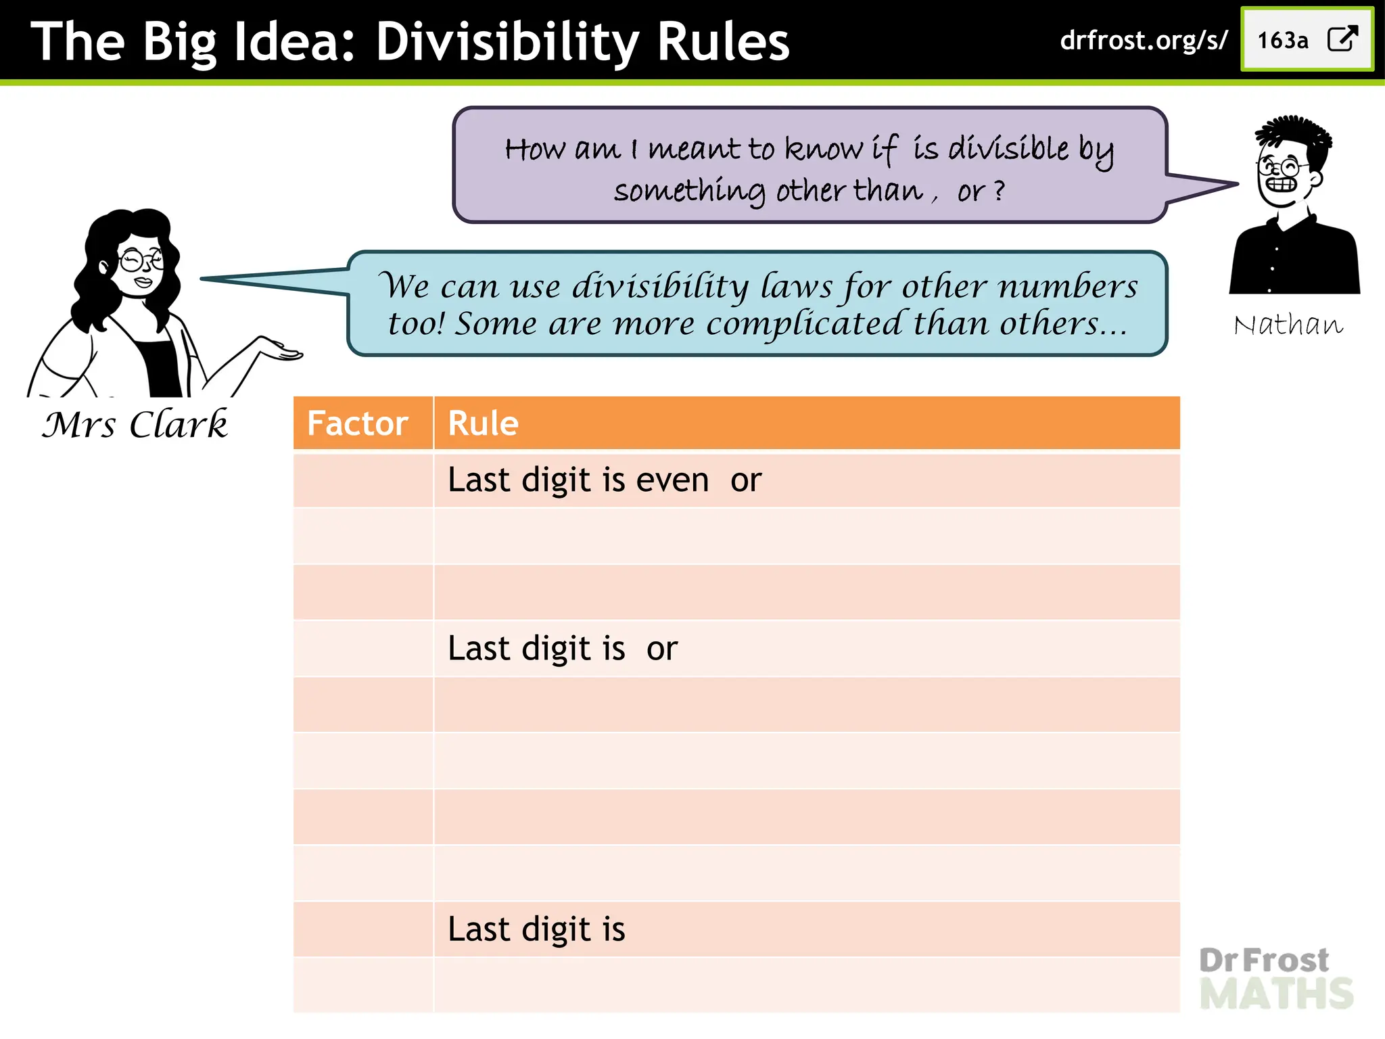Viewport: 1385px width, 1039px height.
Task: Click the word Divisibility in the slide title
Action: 507,42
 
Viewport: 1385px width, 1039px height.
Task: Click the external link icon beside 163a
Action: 1342,39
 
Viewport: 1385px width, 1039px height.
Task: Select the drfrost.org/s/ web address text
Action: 1143,41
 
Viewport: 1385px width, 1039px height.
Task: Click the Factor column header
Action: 357,423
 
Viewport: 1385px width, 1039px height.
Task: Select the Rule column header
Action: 483,423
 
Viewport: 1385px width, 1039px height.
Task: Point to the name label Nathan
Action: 1288,325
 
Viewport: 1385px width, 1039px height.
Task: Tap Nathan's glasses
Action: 1280,166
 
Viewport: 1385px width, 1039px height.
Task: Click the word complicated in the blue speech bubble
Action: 804,324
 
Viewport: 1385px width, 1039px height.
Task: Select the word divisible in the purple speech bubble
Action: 1008,149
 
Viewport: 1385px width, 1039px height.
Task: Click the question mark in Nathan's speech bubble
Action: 999,191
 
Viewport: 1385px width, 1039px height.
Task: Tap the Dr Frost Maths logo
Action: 1275,978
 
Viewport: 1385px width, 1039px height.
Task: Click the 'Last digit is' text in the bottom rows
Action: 536,929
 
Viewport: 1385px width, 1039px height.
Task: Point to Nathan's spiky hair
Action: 1293,133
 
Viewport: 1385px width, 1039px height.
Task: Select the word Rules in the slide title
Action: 723,42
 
